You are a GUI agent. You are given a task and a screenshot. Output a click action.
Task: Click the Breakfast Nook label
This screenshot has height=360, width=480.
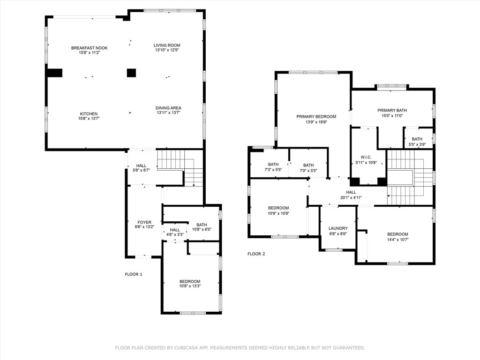click(x=90, y=48)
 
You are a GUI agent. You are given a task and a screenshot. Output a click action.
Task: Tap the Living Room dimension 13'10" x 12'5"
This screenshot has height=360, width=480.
click(x=167, y=50)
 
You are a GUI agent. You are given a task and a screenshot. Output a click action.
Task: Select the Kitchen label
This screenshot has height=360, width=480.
click(x=89, y=114)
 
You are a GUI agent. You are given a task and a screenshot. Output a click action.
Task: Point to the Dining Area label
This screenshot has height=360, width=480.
click(x=168, y=108)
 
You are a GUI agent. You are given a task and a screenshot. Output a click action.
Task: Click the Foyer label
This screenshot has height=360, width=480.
click(x=144, y=222)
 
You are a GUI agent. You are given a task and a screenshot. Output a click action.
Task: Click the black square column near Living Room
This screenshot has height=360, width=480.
click(x=131, y=73)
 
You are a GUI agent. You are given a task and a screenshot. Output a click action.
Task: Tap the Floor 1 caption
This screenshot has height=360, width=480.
click(x=134, y=274)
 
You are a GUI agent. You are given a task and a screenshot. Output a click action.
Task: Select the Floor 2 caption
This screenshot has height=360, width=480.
click(x=256, y=254)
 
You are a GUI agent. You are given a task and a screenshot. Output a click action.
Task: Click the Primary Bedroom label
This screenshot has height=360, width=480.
click(x=316, y=116)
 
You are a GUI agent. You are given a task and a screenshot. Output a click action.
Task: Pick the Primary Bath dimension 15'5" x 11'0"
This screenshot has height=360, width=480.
click(x=392, y=116)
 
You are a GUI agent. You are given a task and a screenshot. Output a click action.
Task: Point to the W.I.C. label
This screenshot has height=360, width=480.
click(x=366, y=157)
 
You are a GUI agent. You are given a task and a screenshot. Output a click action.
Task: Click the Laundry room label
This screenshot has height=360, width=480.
click(x=338, y=228)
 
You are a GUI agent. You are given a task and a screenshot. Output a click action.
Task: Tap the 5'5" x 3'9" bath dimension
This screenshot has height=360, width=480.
click(x=417, y=144)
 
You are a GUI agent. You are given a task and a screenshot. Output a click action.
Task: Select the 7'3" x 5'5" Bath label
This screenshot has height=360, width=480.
click(x=273, y=165)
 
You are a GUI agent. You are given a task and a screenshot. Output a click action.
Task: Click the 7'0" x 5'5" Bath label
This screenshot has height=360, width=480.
click(x=308, y=165)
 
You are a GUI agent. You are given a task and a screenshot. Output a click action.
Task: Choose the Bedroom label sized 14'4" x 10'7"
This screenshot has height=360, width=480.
click(x=397, y=234)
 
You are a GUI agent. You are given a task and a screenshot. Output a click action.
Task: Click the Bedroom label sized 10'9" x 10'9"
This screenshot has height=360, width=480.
click(x=278, y=208)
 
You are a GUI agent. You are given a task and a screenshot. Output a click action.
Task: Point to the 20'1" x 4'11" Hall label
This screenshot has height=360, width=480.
click(x=351, y=192)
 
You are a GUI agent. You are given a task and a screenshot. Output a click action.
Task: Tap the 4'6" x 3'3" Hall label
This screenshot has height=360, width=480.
click(x=175, y=230)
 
